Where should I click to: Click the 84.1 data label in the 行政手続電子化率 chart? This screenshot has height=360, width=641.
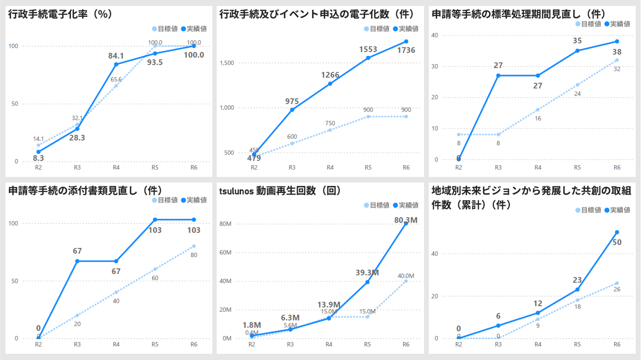click(x=116, y=56)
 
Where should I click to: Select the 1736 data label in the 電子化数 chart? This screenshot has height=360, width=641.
click(x=406, y=50)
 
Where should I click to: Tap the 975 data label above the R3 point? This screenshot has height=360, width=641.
click(x=292, y=101)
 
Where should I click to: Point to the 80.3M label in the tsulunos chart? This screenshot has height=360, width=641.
click(x=406, y=220)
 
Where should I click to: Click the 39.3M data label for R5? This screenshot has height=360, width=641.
click(x=367, y=273)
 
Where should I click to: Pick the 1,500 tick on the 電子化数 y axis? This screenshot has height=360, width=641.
click(x=227, y=63)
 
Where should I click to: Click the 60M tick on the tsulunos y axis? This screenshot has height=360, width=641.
click(x=226, y=252)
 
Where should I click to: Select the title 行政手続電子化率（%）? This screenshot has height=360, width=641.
click(x=60, y=14)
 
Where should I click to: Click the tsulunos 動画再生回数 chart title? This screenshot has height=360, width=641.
click(x=280, y=191)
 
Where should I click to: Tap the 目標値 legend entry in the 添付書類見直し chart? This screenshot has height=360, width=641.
click(x=165, y=200)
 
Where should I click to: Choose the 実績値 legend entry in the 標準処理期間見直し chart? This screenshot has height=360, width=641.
click(x=617, y=24)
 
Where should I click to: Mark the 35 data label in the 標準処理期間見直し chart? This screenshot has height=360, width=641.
click(x=577, y=41)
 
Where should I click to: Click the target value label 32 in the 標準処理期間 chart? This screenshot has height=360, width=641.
click(x=617, y=69)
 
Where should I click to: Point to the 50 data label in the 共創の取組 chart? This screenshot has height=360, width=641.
click(x=617, y=242)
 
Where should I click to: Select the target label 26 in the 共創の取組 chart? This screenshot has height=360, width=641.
click(x=617, y=289)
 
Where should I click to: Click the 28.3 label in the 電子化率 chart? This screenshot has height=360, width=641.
click(x=77, y=138)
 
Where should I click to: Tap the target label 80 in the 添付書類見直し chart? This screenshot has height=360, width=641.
click(x=194, y=255)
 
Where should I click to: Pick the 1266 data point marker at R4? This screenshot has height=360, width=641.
click(x=330, y=84)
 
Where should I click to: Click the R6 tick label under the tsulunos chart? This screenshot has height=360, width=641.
click(x=406, y=344)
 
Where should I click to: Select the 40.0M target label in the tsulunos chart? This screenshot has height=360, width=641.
click(x=406, y=276)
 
